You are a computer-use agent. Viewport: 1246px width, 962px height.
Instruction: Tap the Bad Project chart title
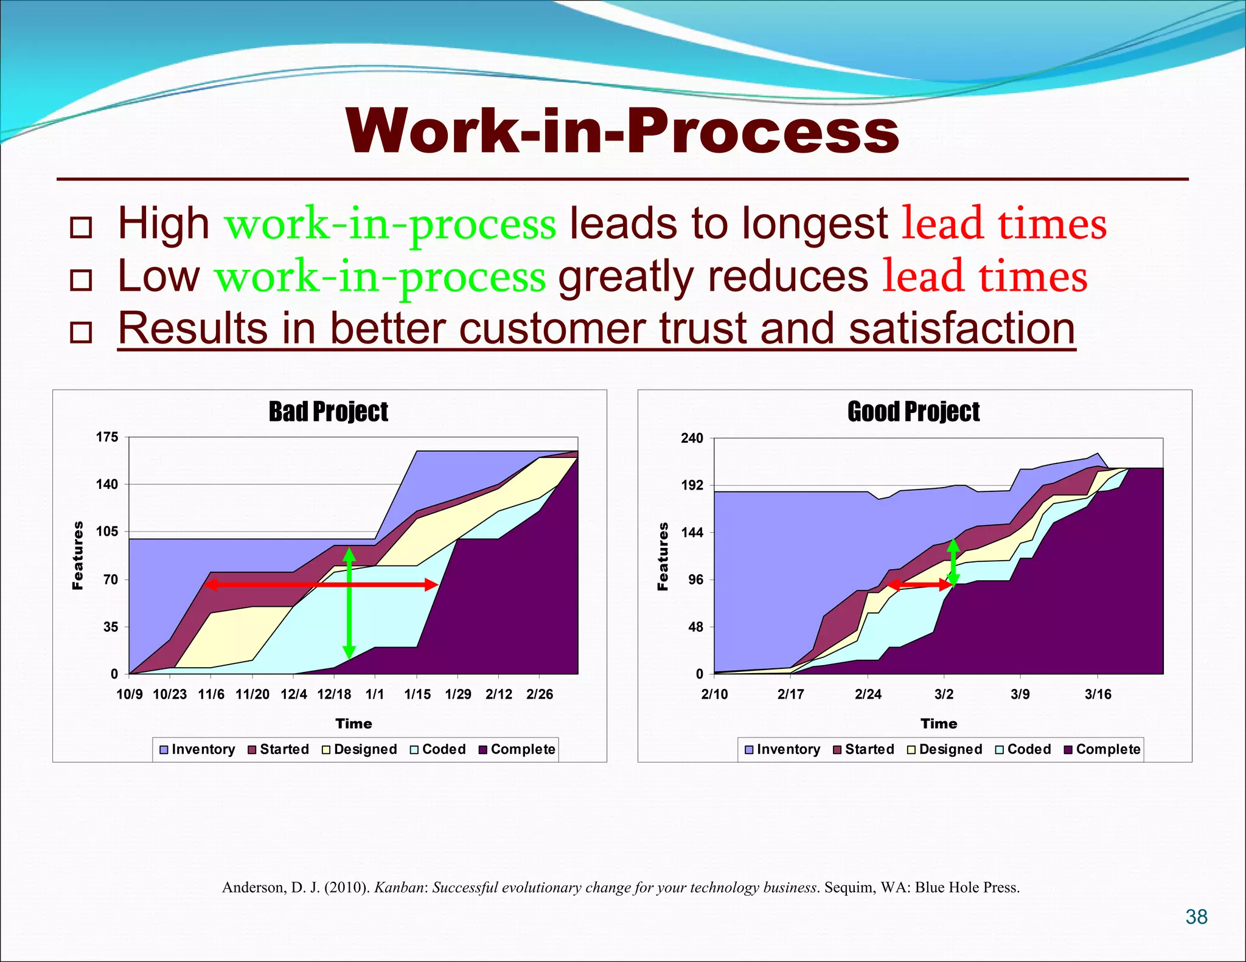[329, 412]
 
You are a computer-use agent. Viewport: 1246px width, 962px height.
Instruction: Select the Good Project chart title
[913, 412]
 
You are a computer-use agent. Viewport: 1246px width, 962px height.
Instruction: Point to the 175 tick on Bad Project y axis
[107, 437]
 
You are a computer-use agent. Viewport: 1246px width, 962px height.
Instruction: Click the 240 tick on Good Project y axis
[692, 438]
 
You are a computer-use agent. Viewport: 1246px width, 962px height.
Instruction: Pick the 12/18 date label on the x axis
[334, 694]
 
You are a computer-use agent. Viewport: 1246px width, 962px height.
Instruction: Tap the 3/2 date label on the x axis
[944, 694]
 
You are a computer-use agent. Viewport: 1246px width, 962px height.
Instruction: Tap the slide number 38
[1196, 916]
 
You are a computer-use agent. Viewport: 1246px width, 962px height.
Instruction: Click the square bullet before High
[81, 227]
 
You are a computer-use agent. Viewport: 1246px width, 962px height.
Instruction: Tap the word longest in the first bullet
[815, 224]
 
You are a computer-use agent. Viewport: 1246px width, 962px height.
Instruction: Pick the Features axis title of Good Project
[663, 556]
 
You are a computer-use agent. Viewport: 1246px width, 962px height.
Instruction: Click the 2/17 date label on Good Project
[790, 694]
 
